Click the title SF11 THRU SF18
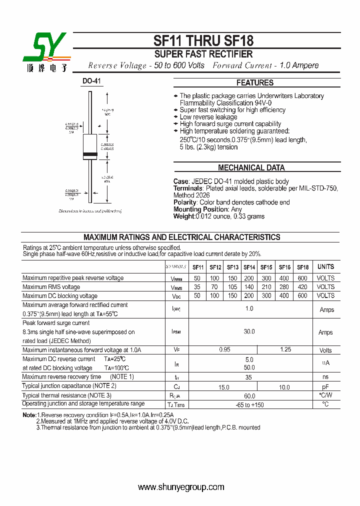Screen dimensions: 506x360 click(203, 41)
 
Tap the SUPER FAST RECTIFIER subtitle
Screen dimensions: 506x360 click(203, 54)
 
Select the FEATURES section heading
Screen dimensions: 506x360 click(255, 83)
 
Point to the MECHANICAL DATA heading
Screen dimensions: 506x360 click(251, 168)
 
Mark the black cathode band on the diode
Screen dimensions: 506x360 click(90, 153)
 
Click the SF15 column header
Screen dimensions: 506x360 click(266, 267)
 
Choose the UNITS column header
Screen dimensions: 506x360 click(325, 267)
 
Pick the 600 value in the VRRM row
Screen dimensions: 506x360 click(302, 278)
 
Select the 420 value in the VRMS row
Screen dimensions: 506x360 click(302, 287)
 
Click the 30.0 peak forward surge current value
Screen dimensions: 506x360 click(249, 331)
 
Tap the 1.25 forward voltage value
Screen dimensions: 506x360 click(285, 350)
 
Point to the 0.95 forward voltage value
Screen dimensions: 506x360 click(224, 350)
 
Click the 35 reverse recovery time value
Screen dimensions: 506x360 click(248, 377)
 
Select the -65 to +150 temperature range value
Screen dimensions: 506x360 click(249, 404)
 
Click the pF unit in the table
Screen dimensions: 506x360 click(325, 387)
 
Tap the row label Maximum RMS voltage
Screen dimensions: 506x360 click(51, 287)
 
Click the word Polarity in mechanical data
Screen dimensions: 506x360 click(185, 202)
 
